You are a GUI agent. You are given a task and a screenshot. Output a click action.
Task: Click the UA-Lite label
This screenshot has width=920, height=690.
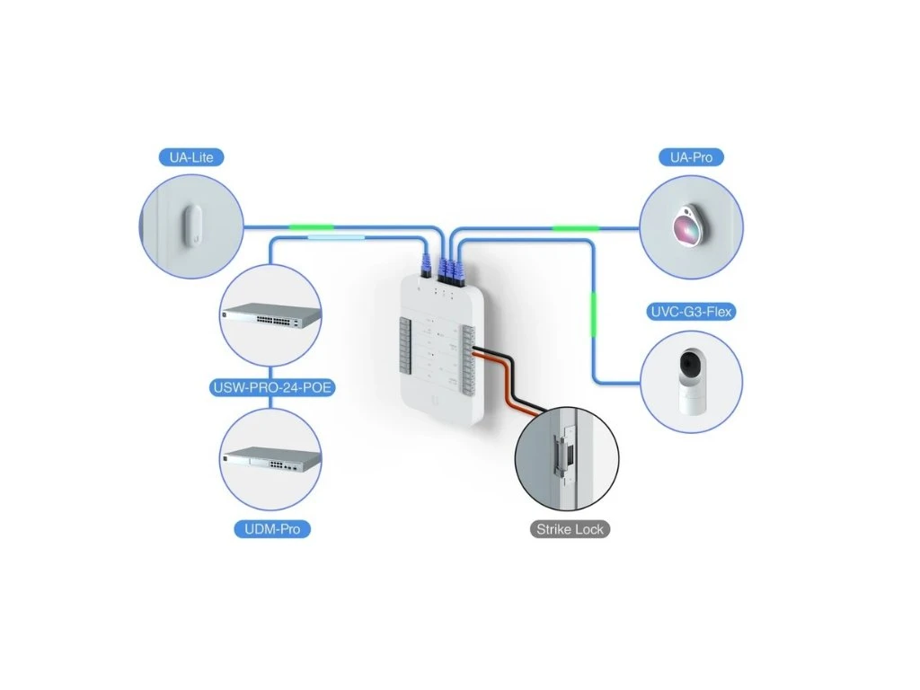190,158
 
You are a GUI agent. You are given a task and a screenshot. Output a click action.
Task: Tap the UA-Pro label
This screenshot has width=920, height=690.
690,158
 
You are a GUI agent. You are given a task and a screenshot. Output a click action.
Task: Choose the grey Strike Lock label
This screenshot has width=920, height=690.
570,529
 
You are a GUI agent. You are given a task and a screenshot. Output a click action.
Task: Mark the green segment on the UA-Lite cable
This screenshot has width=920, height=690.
308,227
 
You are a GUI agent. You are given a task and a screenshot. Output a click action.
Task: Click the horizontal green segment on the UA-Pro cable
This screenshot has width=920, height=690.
575,228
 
